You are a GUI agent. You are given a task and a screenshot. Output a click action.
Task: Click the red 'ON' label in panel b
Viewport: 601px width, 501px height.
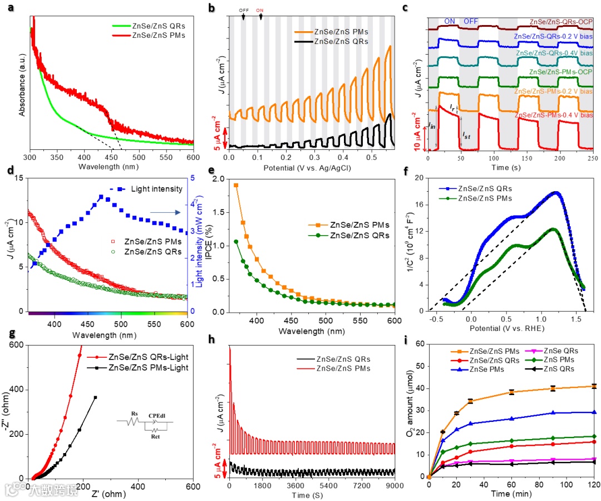pyautogui.click(x=260, y=10)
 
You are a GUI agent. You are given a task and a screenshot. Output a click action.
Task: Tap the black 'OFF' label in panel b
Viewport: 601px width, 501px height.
pyautogui.click(x=244, y=10)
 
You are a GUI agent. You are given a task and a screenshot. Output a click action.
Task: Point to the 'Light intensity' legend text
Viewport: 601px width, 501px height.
pyautogui.click(x=157, y=189)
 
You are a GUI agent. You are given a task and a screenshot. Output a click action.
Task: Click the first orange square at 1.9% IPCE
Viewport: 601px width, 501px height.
pyautogui.click(x=236, y=185)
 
